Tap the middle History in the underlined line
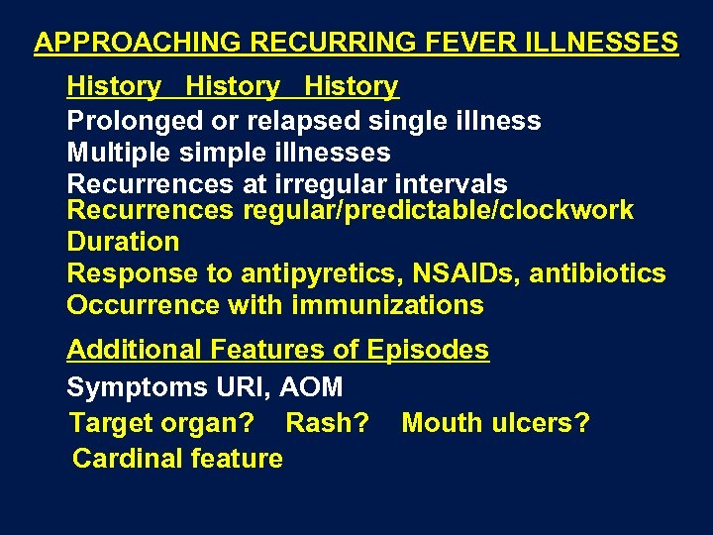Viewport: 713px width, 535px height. [x=233, y=87]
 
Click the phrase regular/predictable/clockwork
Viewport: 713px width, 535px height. [x=437, y=210]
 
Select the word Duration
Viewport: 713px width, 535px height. [x=123, y=241]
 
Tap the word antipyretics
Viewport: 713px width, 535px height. [x=308, y=272]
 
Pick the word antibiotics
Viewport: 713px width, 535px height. [x=598, y=272]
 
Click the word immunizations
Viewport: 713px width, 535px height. [x=387, y=304]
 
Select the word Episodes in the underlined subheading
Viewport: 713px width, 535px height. [x=428, y=350]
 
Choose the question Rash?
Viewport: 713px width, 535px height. [x=327, y=423]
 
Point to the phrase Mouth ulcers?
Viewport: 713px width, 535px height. [x=495, y=423]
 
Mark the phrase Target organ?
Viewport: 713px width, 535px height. [x=161, y=423]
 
